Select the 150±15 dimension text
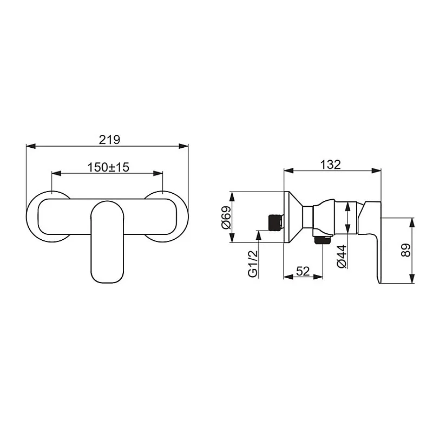(x=108, y=167)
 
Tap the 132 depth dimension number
(x=330, y=165)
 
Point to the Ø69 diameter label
(x=227, y=218)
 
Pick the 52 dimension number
(x=303, y=272)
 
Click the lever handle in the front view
(x=107, y=241)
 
